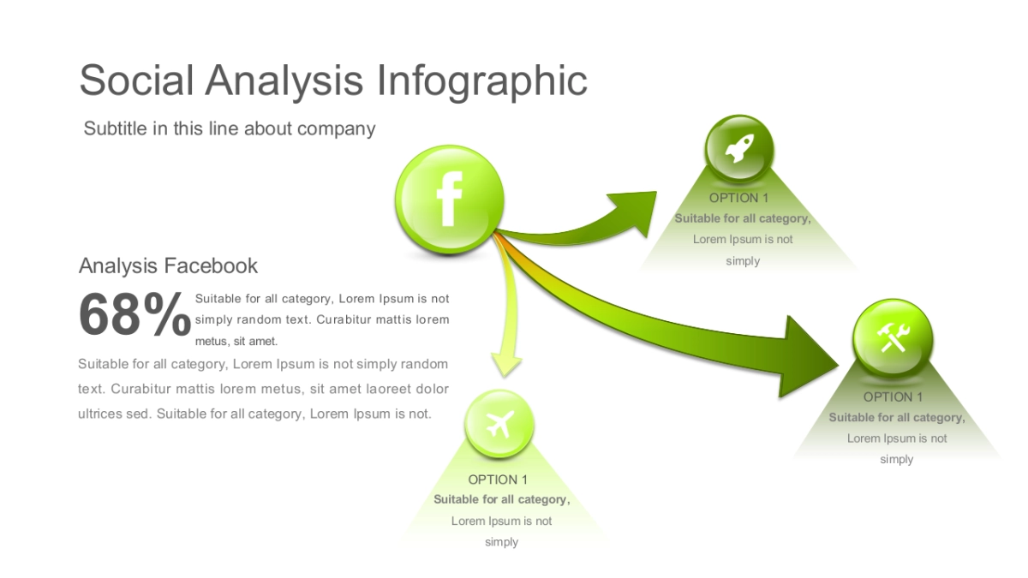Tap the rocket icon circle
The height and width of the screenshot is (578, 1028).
click(738, 151)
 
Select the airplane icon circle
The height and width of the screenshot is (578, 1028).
click(499, 424)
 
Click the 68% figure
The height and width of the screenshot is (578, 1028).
click(134, 315)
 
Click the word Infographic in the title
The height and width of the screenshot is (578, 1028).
click(482, 80)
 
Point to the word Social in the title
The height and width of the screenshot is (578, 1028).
click(135, 80)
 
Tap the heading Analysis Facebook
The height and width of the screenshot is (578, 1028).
click(168, 265)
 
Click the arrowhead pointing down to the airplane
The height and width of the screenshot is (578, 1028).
click(506, 363)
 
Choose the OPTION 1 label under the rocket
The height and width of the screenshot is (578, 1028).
click(742, 198)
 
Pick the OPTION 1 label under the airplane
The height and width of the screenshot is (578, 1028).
click(498, 480)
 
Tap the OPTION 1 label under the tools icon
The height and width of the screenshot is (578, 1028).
click(893, 397)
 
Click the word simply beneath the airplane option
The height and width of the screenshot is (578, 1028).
click(501, 542)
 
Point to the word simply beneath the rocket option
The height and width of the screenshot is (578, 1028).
click(742, 260)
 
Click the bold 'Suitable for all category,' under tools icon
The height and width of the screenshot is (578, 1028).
click(896, 418)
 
